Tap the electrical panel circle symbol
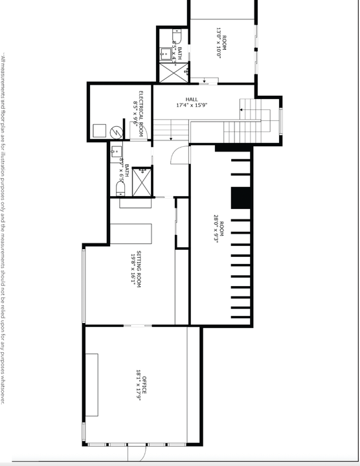(117, 131)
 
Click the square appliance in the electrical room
(100, 131)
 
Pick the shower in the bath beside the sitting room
(142, 182)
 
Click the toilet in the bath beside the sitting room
(120, 189)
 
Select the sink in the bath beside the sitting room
(115, 153)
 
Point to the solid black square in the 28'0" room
(241, 198)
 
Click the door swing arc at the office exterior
(137, 454)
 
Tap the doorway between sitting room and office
(137, 326)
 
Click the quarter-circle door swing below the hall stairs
(181, 155)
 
